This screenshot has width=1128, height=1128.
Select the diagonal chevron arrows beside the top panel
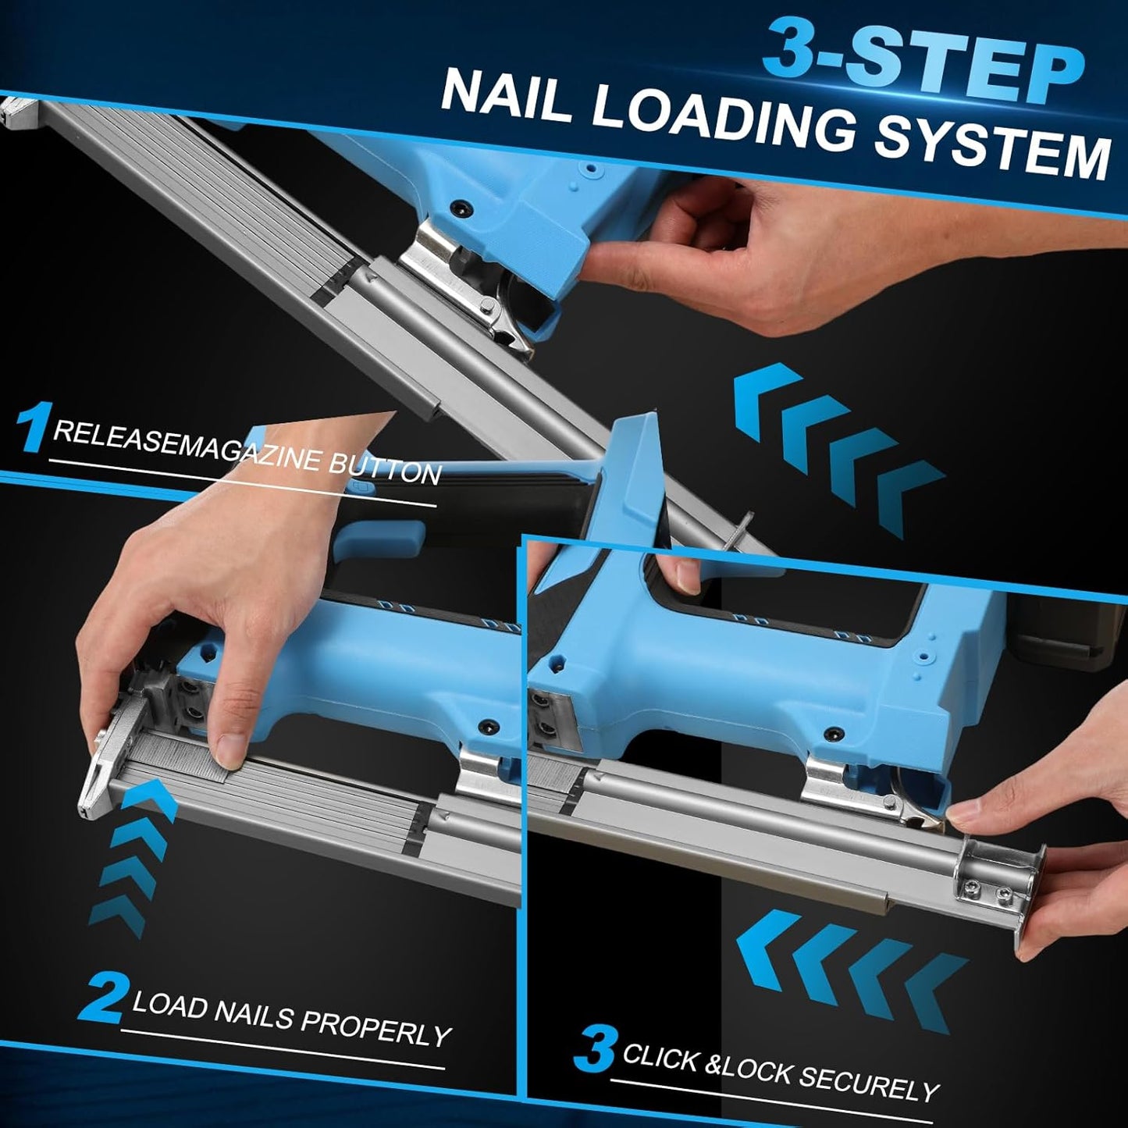coord(835,445)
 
